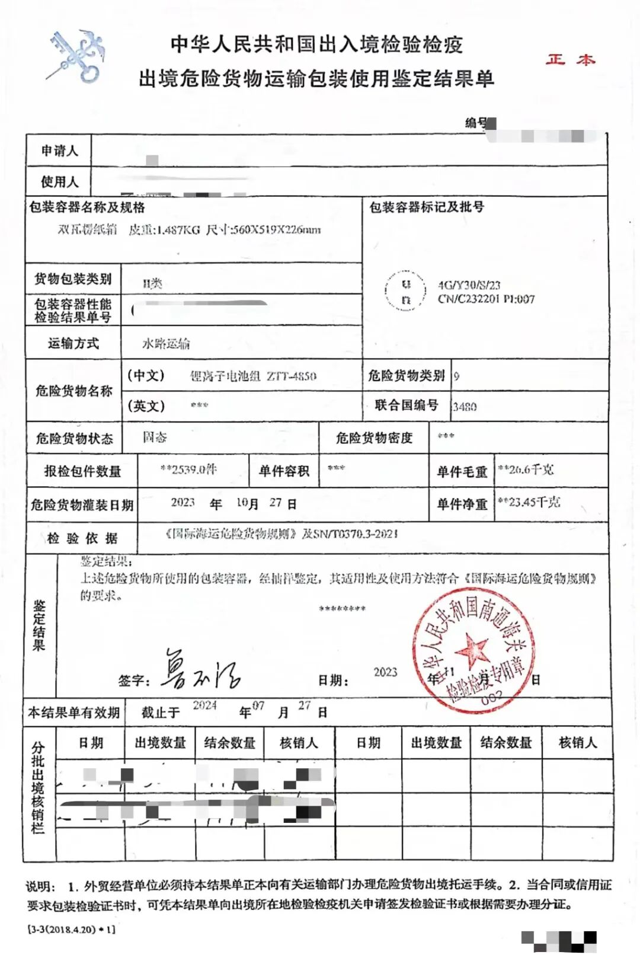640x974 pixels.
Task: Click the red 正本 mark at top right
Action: (x=570, y=59)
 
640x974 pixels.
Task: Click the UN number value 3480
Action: (x=465, y=407)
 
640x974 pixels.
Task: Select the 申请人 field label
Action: (x=59, y=151)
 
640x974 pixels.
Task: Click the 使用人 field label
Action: (x=59, y=181)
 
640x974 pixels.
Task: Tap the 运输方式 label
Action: (x=73, y=343)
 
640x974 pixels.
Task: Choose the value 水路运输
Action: (x=166, y=344)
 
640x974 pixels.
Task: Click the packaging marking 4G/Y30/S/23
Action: (x=469, y=285)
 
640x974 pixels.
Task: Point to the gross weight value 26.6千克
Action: (x=526, y=470)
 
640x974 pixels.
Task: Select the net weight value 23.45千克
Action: (x=529, y=502)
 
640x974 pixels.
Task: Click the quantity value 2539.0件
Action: (x=189, y=470)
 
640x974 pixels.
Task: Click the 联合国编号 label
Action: (x=407, y=405)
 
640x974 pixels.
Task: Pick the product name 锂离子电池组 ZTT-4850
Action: (x=253, y=376)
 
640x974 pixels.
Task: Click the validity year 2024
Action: (x=205, y=705)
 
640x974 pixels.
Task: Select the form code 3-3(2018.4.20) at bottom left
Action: (x=71, y=930)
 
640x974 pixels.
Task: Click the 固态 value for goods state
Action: (x=155, y=437)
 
